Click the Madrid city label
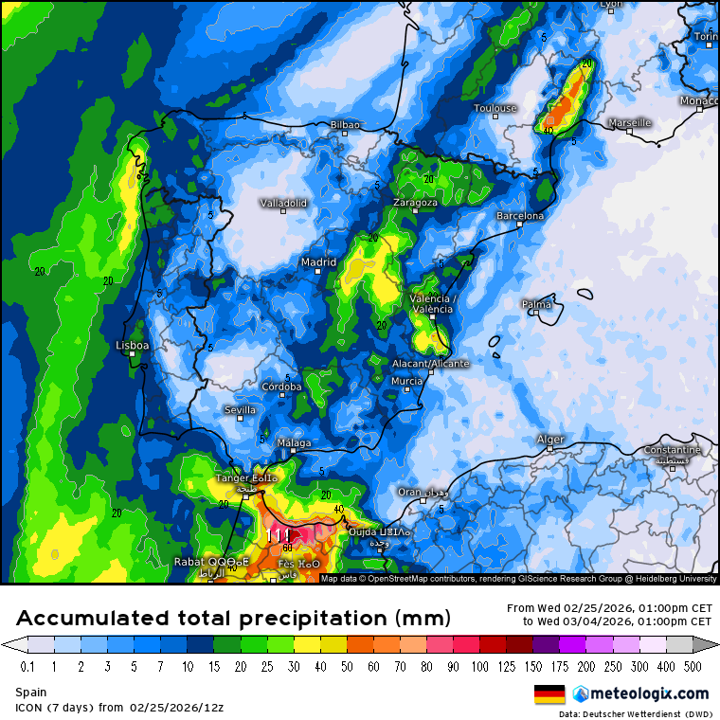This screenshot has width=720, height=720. pyautogui.click(x=318, y=262)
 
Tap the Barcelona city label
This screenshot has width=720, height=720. pyautogui.click(x=521, y=216)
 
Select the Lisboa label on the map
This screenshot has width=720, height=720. pyautogui.click(x=132, y=346)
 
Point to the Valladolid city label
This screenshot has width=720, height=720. pyautogui.click(x=283, y=203)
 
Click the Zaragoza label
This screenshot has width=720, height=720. pyautogui.click(x=416, y=203)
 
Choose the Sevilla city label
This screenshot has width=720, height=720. pyautogui.click(x=240, y=409)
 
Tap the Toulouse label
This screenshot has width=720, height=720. pyautogui.click(x=495, y=108)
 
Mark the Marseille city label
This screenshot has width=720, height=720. pyautogui.click(x=630, y=122)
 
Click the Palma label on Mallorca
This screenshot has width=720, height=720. pyautogui.click(x=536, y=304)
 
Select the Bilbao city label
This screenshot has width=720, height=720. pyautogui.click(x=345, y=124)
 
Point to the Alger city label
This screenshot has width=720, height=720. pyautogui.click(x=550, y=439)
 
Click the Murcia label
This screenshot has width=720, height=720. pyautogui.click(x=406, y=381)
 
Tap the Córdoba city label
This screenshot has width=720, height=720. pyautogui.click(x=282, y=387)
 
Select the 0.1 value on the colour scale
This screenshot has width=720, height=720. pyautogui.click(x=27, y=667)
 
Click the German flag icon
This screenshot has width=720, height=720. pyautogui.click(x=549, y=694)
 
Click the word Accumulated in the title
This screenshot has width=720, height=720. pyautogui.click(x=95, y=619)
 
